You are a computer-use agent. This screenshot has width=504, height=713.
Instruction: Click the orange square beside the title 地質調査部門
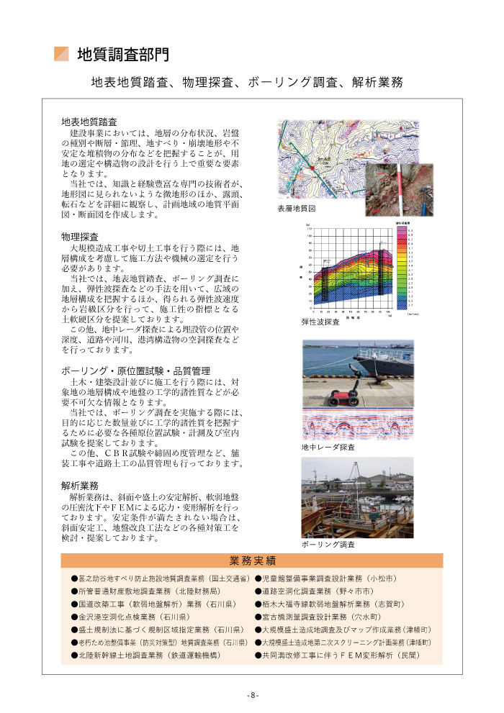coord(61,54)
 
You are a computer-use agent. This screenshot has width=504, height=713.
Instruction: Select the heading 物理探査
coord(80,237)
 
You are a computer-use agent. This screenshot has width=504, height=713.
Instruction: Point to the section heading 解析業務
coord(80,486)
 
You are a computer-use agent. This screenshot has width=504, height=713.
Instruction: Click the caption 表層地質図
coord(297,209)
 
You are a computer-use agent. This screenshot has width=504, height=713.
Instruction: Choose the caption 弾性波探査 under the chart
coord(320,322)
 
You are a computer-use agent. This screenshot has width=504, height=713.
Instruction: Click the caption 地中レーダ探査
coord(328,448)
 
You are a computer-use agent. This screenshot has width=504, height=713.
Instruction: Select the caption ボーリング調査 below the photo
coord(328,545)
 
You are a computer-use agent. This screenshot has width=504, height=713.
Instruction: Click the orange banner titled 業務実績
coord(252,560)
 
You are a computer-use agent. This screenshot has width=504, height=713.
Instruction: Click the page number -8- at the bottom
coord(252,695)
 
